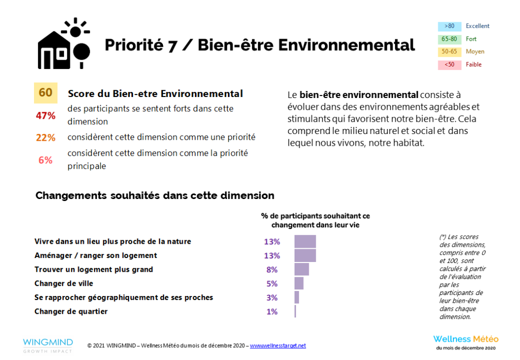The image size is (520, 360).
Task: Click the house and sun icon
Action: tap(64, 44)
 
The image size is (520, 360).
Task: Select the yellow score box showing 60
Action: tap(46, 92)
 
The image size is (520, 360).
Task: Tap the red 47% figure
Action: tap(45, 115)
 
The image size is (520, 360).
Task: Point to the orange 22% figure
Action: tap(45, 138)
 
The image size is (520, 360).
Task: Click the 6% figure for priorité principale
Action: tap(45, 160)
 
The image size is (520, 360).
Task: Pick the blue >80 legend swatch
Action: tap(449, 26)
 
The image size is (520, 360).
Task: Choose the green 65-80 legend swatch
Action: tap(449, 39)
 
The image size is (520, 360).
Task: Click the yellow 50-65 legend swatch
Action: tap(449, 52)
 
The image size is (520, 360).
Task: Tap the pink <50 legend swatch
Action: tap(449, 64)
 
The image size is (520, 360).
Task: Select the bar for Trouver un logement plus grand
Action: tap(302, 270)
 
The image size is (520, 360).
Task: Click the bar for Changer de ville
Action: tap(299, 283)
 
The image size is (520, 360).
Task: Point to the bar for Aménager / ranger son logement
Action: tap(305, 255)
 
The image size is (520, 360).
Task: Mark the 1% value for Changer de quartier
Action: tap(272, 311)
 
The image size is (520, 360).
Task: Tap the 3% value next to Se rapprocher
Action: tap(272, 298)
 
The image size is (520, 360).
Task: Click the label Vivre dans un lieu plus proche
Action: tap(113, 242)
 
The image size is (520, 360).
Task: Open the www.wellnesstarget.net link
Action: tap(278, 346)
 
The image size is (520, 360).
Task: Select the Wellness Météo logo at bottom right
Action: tap(466, 341)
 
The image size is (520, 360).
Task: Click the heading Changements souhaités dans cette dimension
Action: tap(155, 195)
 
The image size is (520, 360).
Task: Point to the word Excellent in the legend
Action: tap(478, 26)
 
